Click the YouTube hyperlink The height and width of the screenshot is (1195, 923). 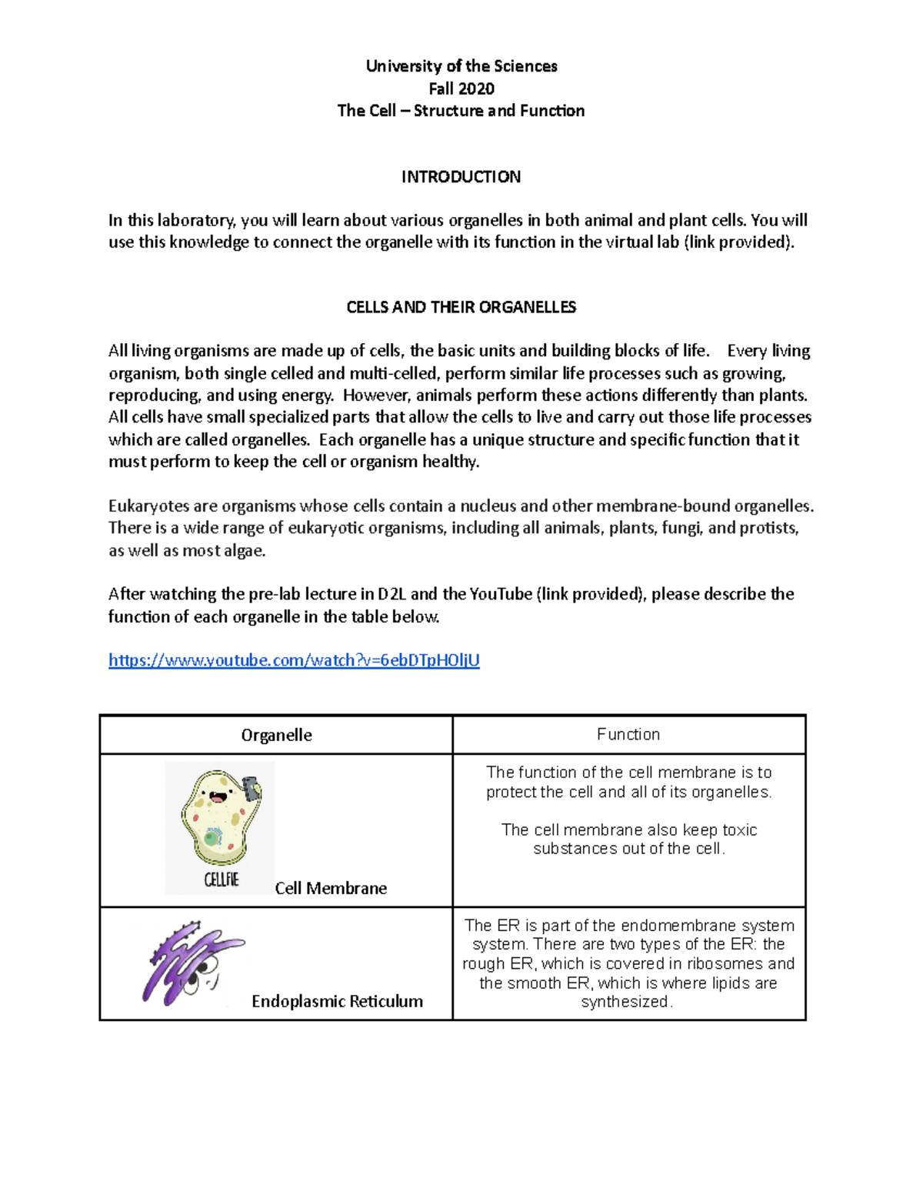pyautogui.click(x=294, y=660)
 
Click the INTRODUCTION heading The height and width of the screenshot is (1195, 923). pyautogui.click(x=461, y=177)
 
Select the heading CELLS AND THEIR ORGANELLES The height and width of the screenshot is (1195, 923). pyautogui.click(x=461, y=307)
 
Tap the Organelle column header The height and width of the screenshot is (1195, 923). pyautogui.click(x=276, y=735)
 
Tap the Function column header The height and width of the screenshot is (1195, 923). pyautogui.click(x=628, y=735)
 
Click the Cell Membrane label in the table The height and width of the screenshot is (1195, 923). pyautogui.click(x=331, y=888)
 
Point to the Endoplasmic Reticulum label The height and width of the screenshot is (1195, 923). pyautogui.click(x=337, y=1001)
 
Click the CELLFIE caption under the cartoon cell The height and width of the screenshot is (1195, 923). pyautogui.click(x=222, y=880)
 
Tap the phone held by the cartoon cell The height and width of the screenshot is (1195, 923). pyautogui.click(x=250, y=788)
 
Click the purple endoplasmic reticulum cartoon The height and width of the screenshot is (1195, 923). pyautogui.click(x=188, y=962)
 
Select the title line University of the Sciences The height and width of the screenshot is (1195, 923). pyautogui.click(x=461, y=66)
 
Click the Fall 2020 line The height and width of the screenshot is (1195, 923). pyautogui.click(x=461, y=88)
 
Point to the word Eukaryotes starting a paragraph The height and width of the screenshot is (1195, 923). pyautogui.click(x=148, y=506)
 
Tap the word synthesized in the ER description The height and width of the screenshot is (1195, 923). pyautogui.click(x=625, y=1002)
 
